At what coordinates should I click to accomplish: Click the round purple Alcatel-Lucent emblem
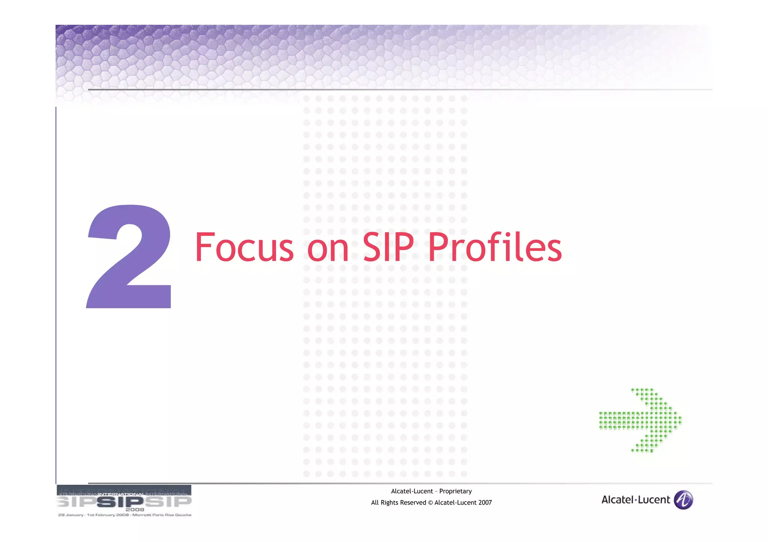pyautogui.click(x=683, y=500)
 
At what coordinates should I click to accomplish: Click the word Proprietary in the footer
pyautogui.click(x=455, y=491)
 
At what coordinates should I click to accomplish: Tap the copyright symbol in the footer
pyautogui.click(x=430, y=503)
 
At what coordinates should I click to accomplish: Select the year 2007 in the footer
pyautogui.click(x=484, y=503)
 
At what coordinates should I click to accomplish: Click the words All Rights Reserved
pyautogui.click(x=398, y=503)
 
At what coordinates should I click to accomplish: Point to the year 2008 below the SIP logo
pyautogui.click(x=135, y=509)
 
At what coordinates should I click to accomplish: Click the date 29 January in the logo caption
pyautogui.click(x=70, y=515)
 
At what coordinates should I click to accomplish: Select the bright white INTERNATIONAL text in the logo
pyautogui.click(x=121, y=494)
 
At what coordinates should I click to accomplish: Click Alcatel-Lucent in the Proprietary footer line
pyautogui.click(x=412, y=491)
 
